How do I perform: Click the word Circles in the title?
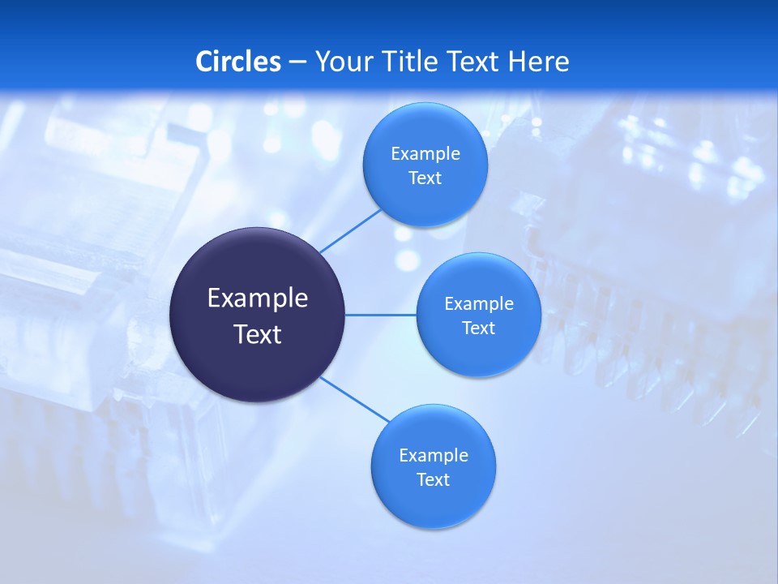(238, 62)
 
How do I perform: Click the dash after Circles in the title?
(297, 62)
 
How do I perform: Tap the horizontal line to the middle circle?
(381, 315)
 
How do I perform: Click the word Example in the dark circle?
(258, 298)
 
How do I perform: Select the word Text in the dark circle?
(258, 334)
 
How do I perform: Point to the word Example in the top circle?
(425, 154)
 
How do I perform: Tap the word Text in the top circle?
(425, 178)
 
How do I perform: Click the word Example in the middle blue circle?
(479, 304)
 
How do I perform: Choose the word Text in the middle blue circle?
(479, 328)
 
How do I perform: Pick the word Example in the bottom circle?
(434, 456)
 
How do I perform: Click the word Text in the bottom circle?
(434, 480)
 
